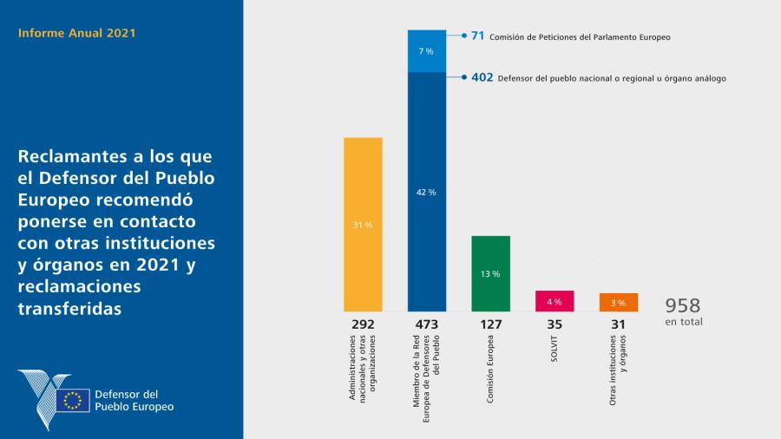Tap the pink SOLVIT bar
point(555,301)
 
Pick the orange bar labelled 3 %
point(619,303)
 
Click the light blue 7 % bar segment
point(427,51)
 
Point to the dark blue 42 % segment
point(427,191)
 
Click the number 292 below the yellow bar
point(363,324)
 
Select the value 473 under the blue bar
point(427,324)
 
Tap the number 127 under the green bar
point(490,324)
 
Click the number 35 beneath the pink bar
point(555,324)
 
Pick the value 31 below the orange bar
point(619,324)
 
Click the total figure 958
point(683,305)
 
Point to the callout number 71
point(477,36)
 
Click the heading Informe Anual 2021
point(76,33)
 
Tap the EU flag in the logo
point(73,400)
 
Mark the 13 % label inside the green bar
point(490,274)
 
